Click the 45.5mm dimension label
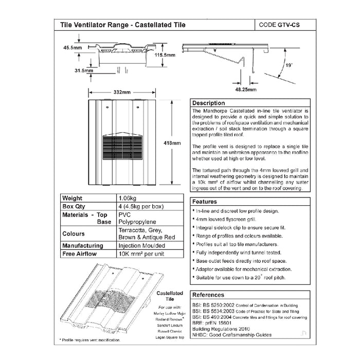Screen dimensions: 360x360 pos(73,47)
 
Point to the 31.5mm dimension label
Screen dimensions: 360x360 pos(82,70)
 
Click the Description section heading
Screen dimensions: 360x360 pos(209,103)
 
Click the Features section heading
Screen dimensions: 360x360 pos(205,202)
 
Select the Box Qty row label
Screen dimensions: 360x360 pos(73,206)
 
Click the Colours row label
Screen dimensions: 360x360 pos(74,234)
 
